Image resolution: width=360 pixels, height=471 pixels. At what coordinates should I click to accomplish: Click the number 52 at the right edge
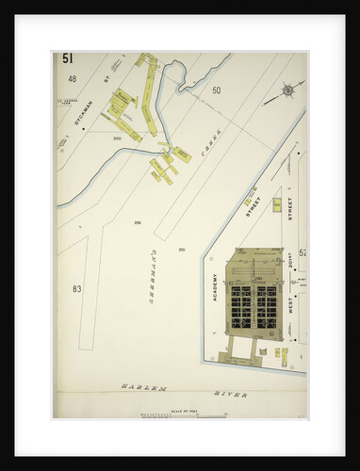point(303,252)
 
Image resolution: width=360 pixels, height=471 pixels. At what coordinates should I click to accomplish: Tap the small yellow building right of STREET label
point(276,203)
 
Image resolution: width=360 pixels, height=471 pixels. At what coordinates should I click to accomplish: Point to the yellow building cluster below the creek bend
point(166,164)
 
